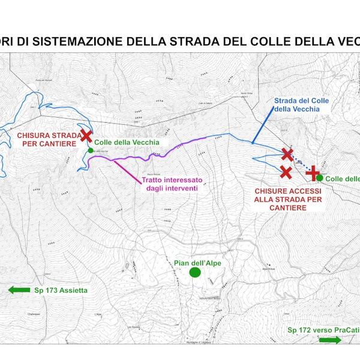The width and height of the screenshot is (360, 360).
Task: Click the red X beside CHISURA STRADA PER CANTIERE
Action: [x=86, y=137]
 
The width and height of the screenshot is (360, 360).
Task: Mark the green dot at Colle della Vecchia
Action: [x=90, y=150]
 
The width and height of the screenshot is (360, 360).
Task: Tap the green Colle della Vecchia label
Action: [x=127, y=142]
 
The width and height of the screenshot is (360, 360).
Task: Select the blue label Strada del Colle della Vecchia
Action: [x=302, y=104]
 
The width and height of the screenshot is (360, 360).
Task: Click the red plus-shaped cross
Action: [x=313, y=173]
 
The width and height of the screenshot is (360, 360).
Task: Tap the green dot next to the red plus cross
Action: [x=320, y=178]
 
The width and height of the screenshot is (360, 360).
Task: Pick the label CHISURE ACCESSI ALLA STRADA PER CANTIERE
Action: [x=287, y=199]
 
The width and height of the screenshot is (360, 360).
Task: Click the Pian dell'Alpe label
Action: [x=194, y=263]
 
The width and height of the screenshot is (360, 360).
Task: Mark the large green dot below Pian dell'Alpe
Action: [x=194, y=273]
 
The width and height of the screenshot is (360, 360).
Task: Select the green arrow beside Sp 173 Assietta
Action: [x=19, y=290]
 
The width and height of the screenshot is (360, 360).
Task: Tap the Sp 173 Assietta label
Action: [x=61, y=290]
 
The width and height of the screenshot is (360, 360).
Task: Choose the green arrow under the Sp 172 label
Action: [x=329, y=340]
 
